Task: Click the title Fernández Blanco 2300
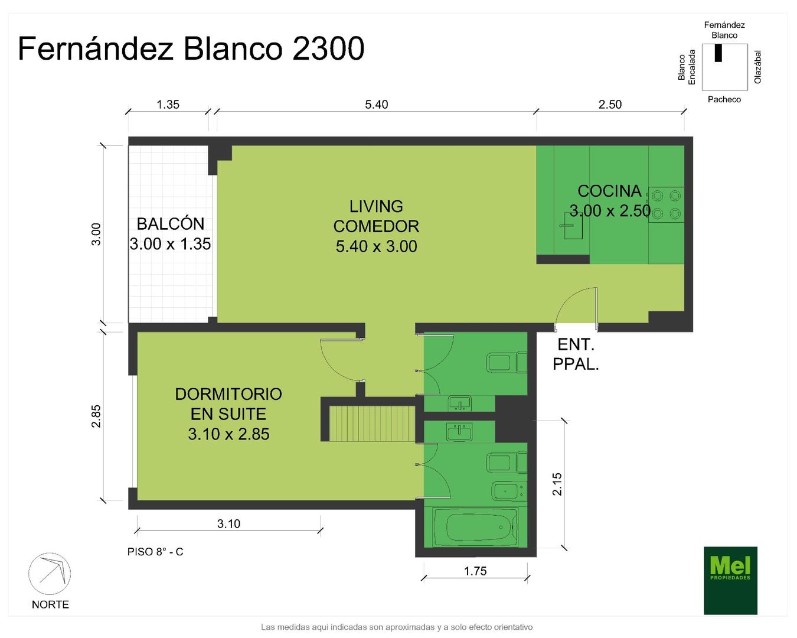pos(191,48)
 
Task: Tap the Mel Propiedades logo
pos(730,580)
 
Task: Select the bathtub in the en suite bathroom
pos(475,527)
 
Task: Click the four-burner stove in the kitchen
pos(667,204)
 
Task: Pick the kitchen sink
pos(573,226)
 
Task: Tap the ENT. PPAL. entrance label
pos(576,355)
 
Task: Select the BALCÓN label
pos(171,224)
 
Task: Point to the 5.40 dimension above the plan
pos(376,105)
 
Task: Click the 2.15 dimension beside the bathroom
pos(557,484)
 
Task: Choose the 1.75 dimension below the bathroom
pos(475,571)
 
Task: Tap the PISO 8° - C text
pos(155,552)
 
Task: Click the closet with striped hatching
pos(372,424)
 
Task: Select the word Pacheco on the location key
pos(724,99)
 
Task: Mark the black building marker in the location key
pos(718,53)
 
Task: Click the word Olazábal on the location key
pos(757,67)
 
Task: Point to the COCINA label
pos(609,191)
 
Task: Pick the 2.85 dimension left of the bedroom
pos(96,416)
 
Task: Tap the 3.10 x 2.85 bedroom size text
pos(228,434)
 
